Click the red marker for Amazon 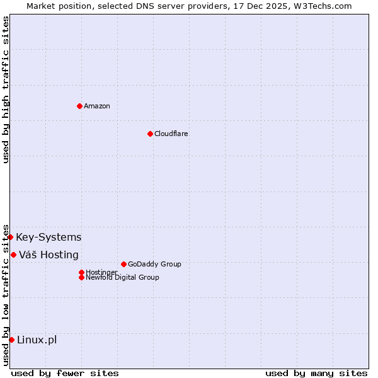click(x=79, y=106)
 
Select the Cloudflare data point click(x=150, y=134)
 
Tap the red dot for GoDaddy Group click(x=123, y=264)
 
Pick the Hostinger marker click(x=81, y=272)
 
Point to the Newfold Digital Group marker click(x=81, y=277)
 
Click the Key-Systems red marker click(x=11, y=237)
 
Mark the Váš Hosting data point click(x=13, y=255)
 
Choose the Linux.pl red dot click(x=11, y=340)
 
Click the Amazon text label click(x=96, y=106)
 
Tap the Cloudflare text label click(x=171, y=134)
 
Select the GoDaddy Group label click(x=154, y=264)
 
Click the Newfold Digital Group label click(x=122, y=277)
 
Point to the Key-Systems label click(x=49, y=237)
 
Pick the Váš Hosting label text click(x=49, y=255)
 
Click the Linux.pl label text click(x=37, y=340)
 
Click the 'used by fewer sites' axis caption click(x=65, y=373)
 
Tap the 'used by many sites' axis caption click(x=316, y=373)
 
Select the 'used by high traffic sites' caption click(x=6, y=89)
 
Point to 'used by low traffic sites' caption click(x=6, y=294)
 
